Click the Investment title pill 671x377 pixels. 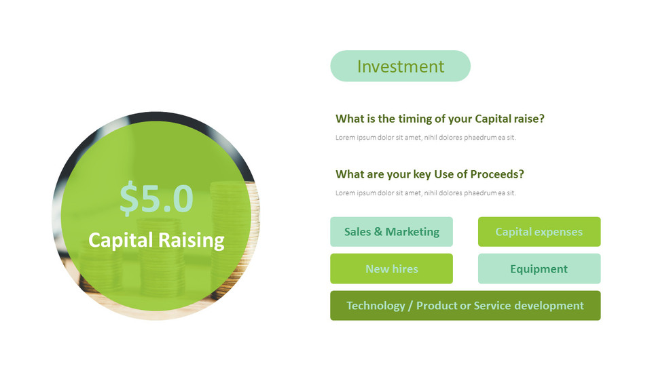[400, 66]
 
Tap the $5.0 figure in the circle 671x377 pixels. [156, 199]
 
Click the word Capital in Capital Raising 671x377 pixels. [120, 240]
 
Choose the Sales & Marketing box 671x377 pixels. [391, 232]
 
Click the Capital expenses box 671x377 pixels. [539, 232]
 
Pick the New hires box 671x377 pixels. [391, 269]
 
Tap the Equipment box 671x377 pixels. [539, 269]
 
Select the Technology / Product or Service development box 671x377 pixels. [465, 306]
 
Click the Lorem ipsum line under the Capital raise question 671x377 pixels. [425, 138]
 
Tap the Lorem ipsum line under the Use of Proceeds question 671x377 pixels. [425, 193]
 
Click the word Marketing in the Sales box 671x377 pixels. [412, 232]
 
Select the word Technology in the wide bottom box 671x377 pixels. [374, 306]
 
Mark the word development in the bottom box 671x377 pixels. [549, 306]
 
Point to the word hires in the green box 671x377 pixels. [406, 269]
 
